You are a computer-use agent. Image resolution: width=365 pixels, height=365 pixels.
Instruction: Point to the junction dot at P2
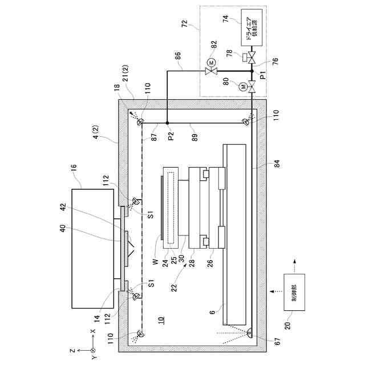point(167,123)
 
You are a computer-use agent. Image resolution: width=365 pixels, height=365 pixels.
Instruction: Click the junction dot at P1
point(252,71)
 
